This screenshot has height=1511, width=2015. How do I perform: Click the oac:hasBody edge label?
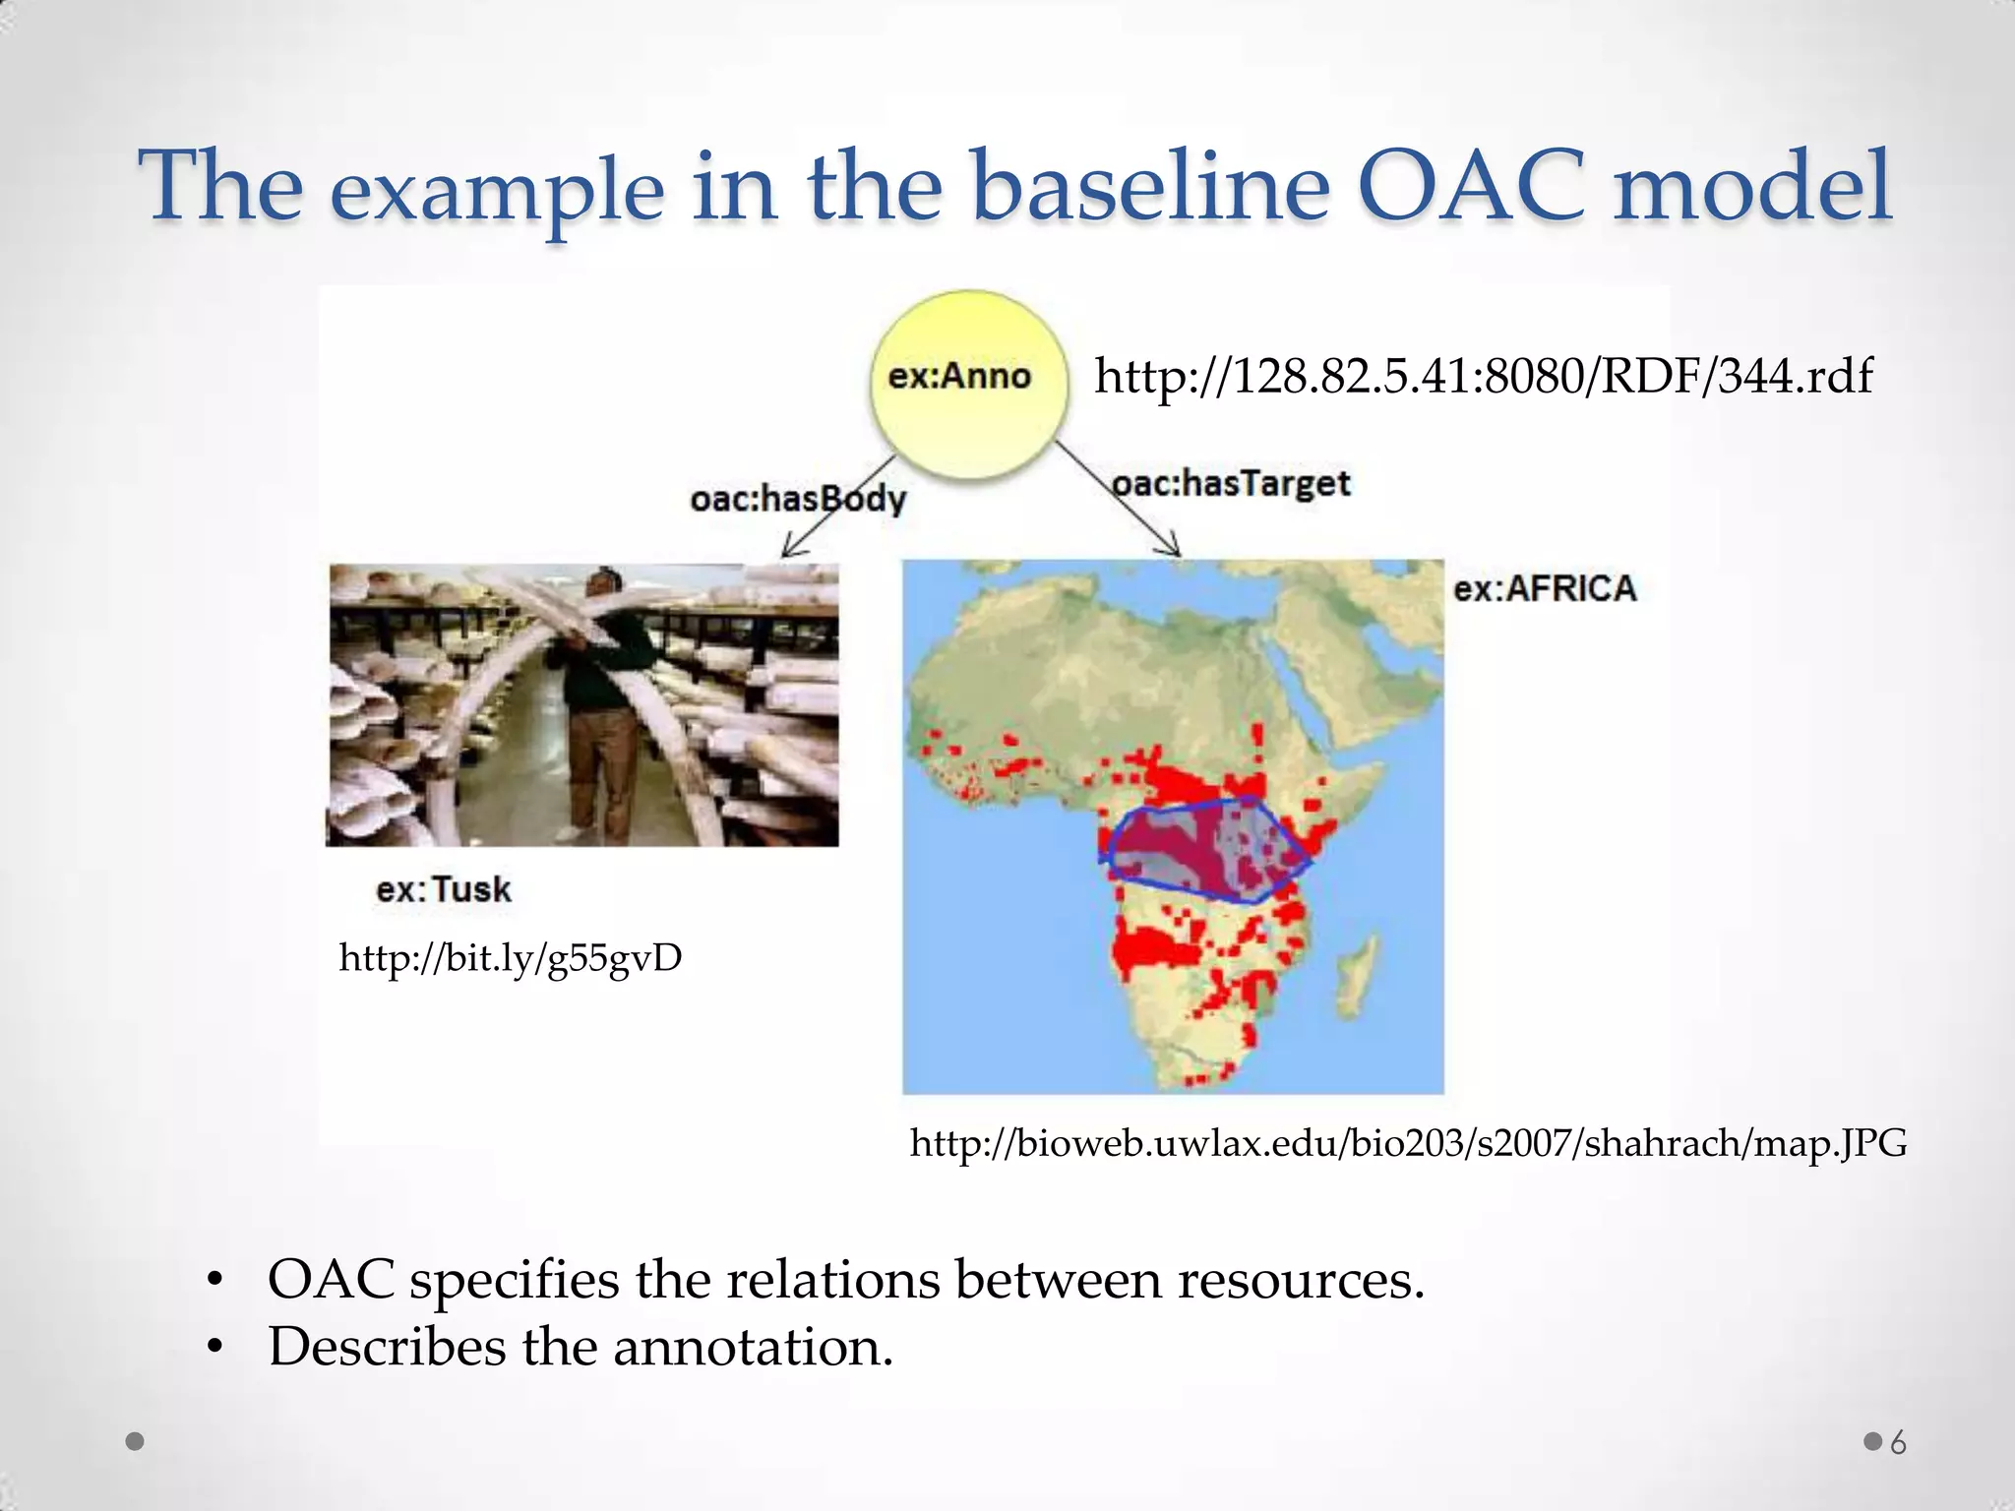797,500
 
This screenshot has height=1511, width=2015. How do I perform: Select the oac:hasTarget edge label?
1231,484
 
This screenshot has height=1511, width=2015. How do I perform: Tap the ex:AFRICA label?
1545,589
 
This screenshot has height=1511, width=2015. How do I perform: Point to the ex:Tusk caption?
444,890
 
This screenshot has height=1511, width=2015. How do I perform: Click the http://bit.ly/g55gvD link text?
510,958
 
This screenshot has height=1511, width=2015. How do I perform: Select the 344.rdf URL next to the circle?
1483,376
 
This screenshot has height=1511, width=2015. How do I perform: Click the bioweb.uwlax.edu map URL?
1408,1143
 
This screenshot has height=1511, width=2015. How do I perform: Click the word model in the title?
1751,187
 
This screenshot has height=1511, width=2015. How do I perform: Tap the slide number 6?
1898,1443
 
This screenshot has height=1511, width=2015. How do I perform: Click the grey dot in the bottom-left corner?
136,1442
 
